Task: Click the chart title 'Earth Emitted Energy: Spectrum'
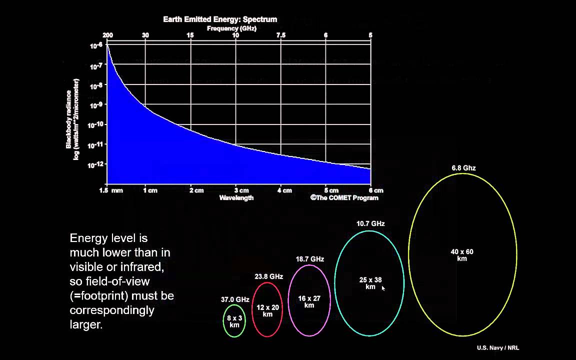click(220, 19)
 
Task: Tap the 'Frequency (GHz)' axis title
click(231, 28)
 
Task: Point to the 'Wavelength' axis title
click(236, 198)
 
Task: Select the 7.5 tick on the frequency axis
click(280, 35)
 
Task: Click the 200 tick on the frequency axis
click(107, 35)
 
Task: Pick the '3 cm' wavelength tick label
click(241, 190)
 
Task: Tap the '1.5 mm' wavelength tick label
click(110, 190)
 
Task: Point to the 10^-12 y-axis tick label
click(96, 165)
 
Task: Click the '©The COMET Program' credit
click(344, 198)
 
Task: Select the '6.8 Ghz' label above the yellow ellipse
click(463, 168)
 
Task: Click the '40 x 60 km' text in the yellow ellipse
click(462, 255)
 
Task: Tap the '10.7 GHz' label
click(370, 224)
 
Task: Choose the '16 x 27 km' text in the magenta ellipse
click(309, 301)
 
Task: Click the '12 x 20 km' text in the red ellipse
click(267, 310)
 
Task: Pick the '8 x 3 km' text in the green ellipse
click(234, 321)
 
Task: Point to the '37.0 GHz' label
click(235, 300)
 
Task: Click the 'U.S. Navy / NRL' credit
click(498, 348)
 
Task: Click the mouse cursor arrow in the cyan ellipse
click(383, 288)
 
